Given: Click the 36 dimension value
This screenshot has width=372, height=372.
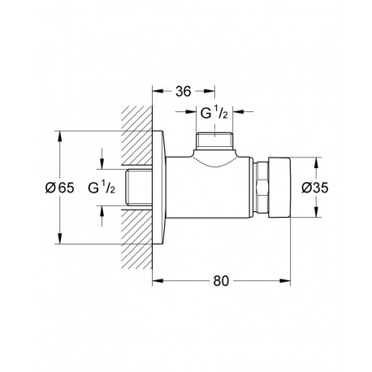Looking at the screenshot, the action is pyautogui.click(x=184, y=92).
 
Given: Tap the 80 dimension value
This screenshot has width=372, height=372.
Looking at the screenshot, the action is pyautogui.click(x=221, y=281).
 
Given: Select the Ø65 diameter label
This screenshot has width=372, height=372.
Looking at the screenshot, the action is pyautogui.click(x=59, y=188).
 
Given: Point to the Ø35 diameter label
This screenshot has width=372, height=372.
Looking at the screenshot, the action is pyautogui.click(x=315, y=188).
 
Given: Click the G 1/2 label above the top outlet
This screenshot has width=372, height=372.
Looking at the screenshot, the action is pyautogui.click(x=214, y=113).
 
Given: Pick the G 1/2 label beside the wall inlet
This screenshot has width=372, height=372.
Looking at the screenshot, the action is pyautogui.click(x=102, y=188).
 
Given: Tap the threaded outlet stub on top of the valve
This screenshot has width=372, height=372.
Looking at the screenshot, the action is pyautogui.click(x=214, y=141).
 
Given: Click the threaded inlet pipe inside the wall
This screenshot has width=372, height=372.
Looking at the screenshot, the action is pyautogui.click(x=139, y=188).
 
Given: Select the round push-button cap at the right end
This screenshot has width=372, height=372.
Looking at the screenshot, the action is pyautogui.click(x=279, y=188).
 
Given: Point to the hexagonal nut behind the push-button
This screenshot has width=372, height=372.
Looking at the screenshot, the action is pyautogui.click(x=262, y=188).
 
